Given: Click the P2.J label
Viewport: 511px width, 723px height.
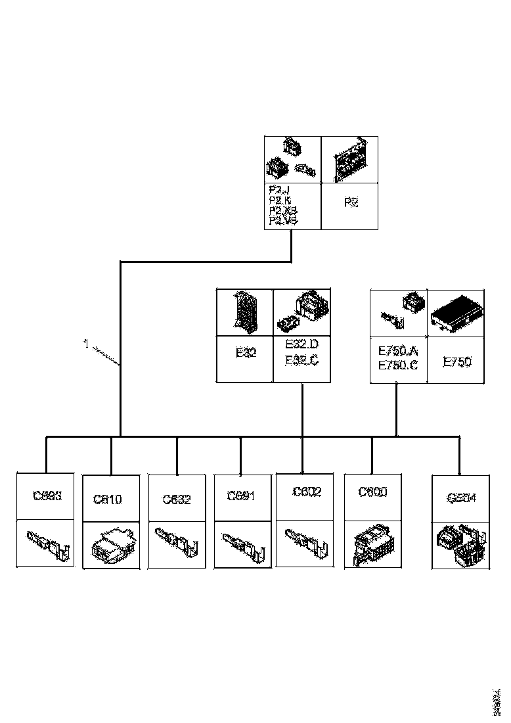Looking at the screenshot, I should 278,191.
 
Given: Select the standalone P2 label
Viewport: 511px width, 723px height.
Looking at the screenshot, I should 351,202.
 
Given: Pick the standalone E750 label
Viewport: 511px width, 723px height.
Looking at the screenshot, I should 457,361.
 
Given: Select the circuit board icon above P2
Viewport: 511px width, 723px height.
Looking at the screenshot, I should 350,160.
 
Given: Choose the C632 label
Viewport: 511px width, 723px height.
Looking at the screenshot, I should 177,499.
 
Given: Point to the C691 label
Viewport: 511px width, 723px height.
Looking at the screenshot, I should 240,496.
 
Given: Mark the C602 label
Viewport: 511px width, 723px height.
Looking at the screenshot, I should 307,492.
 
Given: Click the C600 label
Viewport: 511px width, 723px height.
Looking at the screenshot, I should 372,492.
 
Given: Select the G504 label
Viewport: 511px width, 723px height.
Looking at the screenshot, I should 462,498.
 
